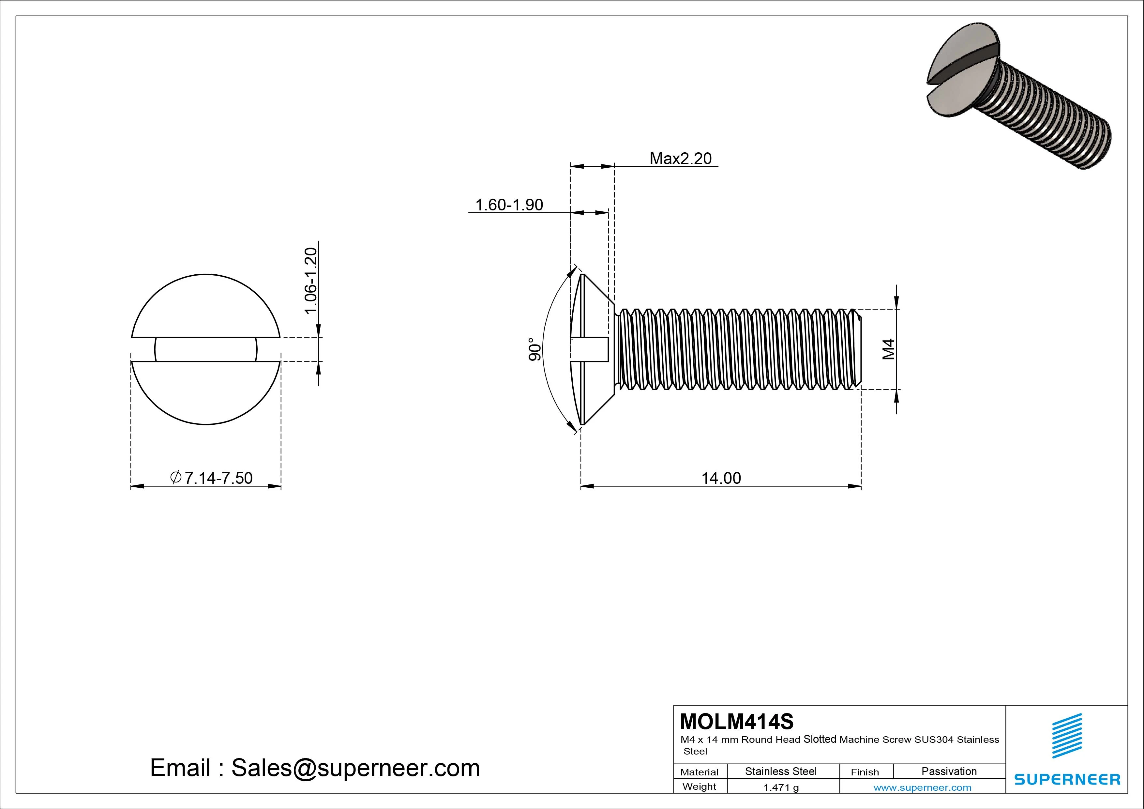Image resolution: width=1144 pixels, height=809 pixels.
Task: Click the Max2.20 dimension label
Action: click(x=680, y=159)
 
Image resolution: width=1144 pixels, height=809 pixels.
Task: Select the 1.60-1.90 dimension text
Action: click(x=509, y=205)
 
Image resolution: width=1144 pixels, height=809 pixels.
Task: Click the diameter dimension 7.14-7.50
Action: click(x=212, y=478)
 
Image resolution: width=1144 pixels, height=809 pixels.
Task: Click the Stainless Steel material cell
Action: click(x=781, y=771)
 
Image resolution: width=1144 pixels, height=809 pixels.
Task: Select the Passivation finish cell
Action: click(x=949, y=771)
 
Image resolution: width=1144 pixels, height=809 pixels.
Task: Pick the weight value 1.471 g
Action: click(x=781, y=787)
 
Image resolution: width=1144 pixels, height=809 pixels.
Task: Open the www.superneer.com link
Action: click(x=922, y=787)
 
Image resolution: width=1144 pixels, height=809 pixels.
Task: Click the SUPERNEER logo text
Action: click(x=1067, y=779)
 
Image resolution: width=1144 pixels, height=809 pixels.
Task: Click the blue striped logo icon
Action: click(x=1067, y=736)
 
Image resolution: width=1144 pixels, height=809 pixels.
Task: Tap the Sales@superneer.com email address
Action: click(x=355, y=768)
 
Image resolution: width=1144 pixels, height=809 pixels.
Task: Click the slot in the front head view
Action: click(x=206, y=349)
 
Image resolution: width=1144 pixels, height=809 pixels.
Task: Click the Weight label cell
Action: click(x=699, y=786)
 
